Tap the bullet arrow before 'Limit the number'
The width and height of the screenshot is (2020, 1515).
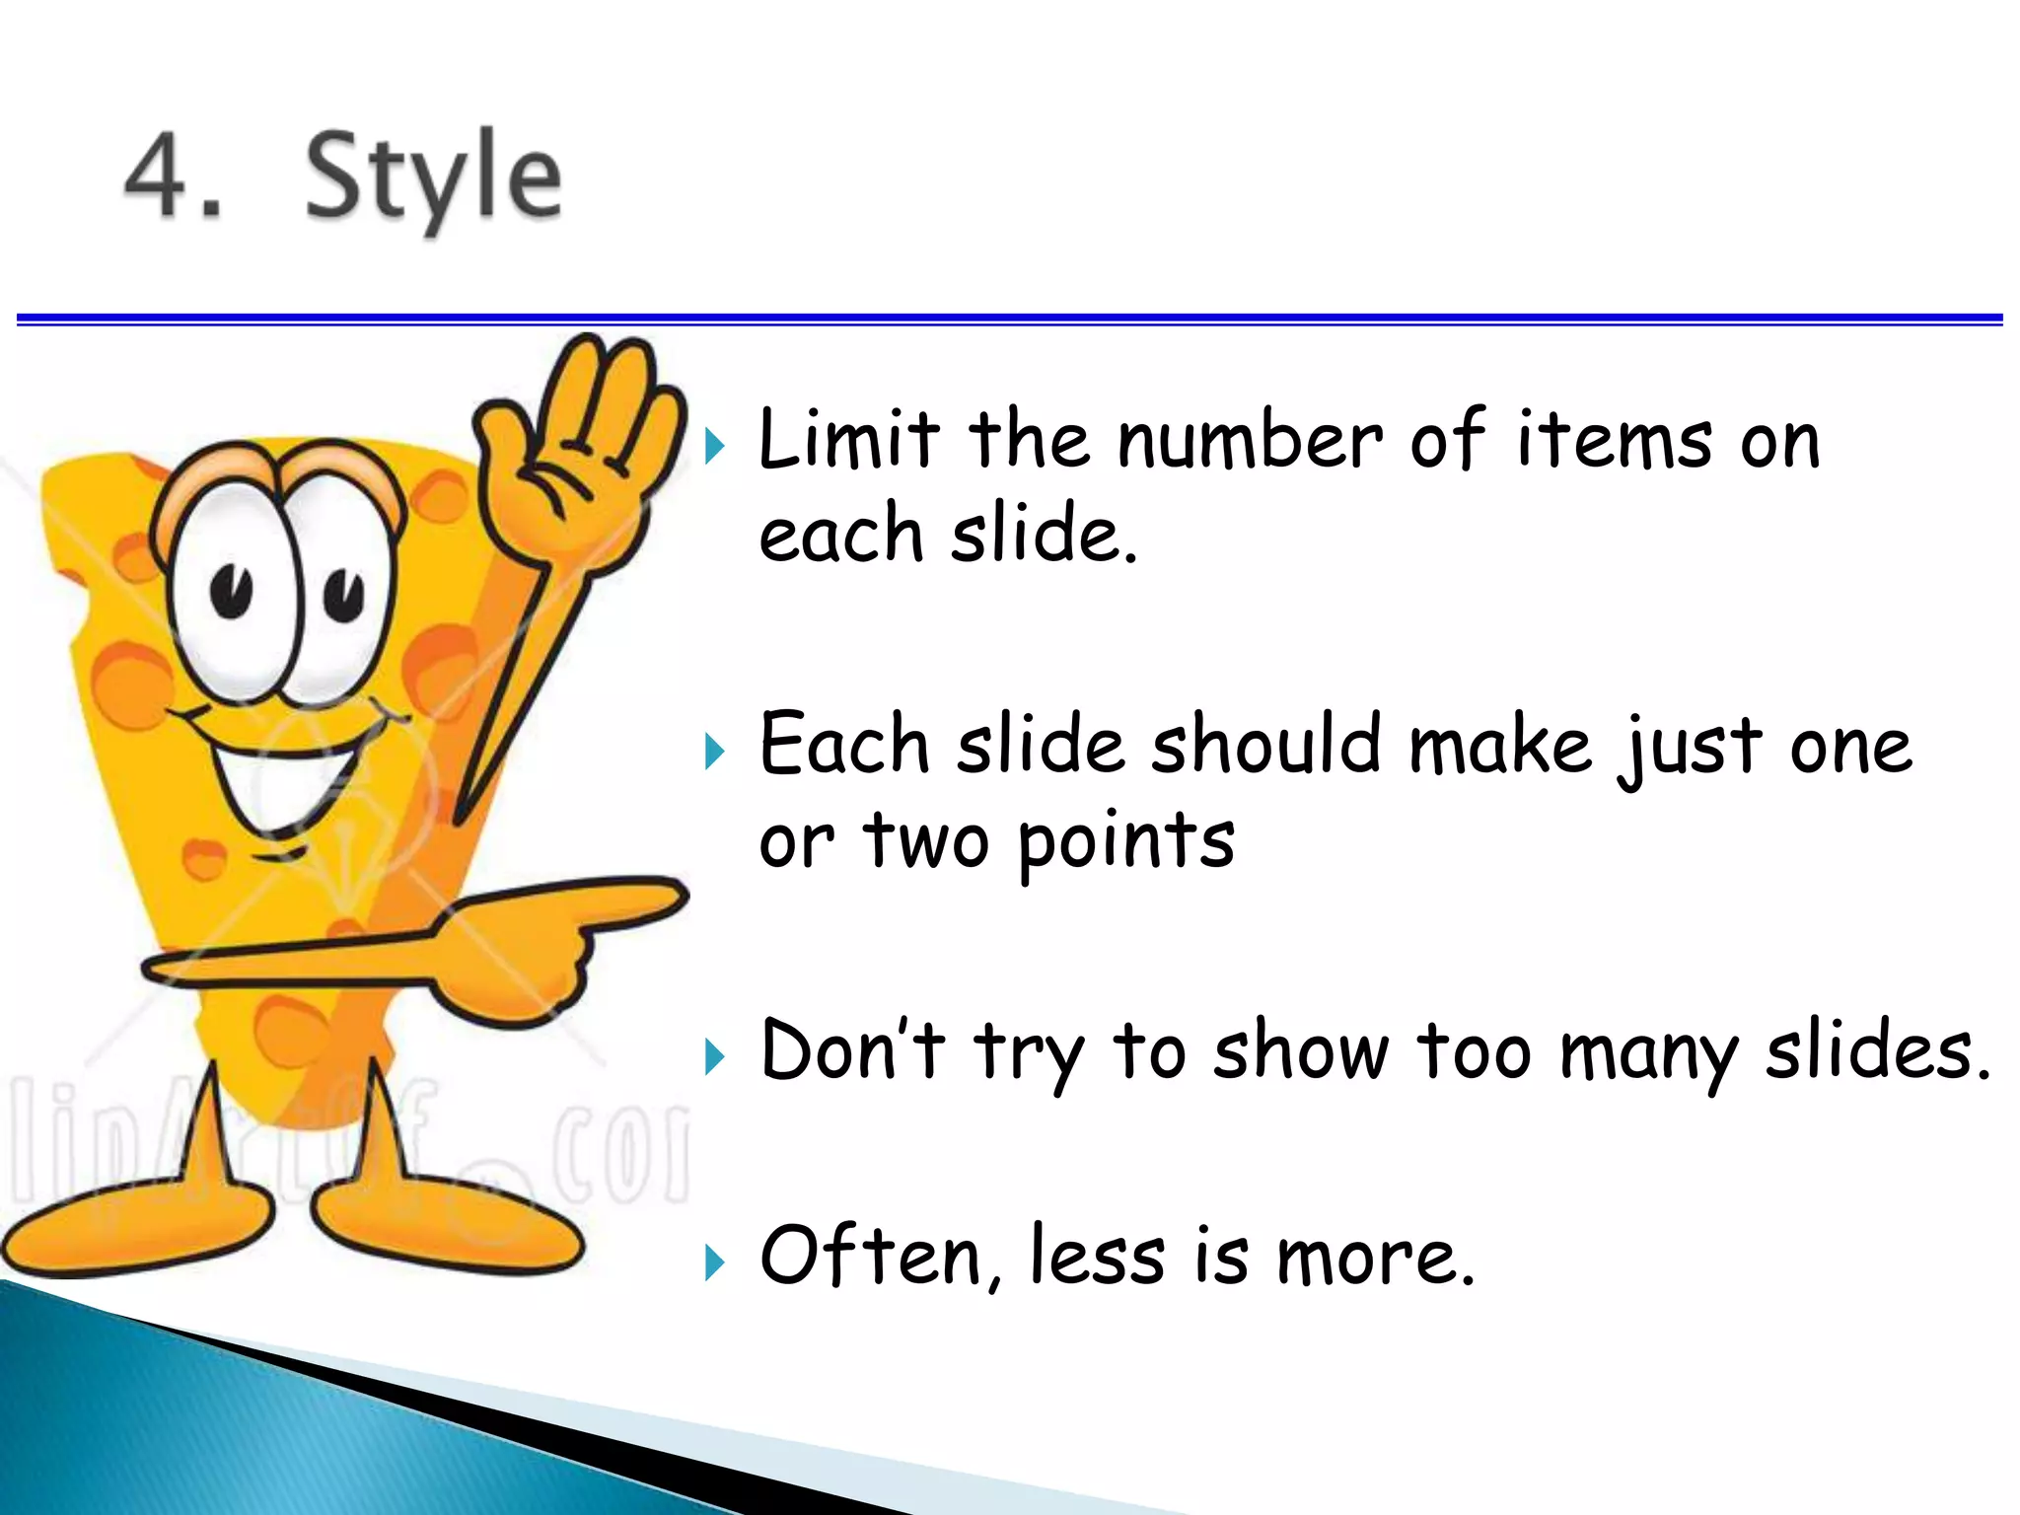[x=715, y=446]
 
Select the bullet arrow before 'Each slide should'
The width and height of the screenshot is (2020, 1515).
[x=715, y=752]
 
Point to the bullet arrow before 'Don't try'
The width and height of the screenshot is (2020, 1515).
[x=715, y=1057]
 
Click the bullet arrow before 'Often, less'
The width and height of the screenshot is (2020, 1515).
[x=715, y=1262]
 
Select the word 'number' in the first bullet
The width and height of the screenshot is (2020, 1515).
[x=1249, y=441]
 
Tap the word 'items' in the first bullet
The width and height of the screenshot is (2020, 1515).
[x=1614, y=441]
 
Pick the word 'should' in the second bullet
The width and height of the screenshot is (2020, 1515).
[x=1266, y=745]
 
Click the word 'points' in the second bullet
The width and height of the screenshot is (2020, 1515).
[x=1124, y=843]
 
